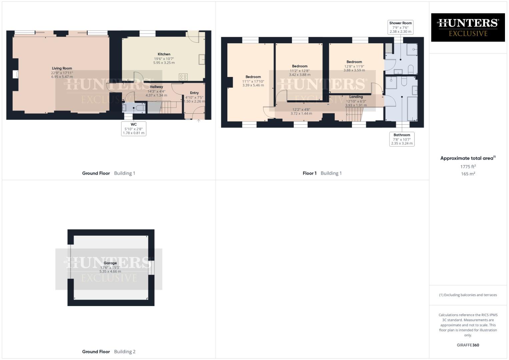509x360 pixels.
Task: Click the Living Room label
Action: [62, 68]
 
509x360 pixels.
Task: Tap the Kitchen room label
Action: [164, 54]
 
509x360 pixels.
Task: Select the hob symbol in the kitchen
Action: [183, 77]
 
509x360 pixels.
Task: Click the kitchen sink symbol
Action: [202, 59]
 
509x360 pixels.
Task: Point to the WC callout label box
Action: [134, 129]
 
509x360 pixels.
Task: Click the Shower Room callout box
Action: [400, 27]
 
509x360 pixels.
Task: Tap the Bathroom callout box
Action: [402, 139]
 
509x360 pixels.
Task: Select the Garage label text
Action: [110, 263]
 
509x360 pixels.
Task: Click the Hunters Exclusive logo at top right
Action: [468, 27]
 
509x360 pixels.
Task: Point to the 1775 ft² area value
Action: [468, 167]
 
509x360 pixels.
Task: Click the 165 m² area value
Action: [468, 174]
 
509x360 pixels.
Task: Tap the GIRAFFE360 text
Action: [468, 345]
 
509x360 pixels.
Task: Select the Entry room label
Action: [194, 93]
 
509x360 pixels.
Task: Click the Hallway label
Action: [156, 87]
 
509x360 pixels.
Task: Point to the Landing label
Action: [356, 97]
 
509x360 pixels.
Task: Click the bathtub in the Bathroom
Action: [412, 109]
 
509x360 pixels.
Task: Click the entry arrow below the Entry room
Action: [199, 121]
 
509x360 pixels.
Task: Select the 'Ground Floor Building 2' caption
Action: [109, 351]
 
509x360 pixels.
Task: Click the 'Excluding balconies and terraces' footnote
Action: [468, 295]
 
